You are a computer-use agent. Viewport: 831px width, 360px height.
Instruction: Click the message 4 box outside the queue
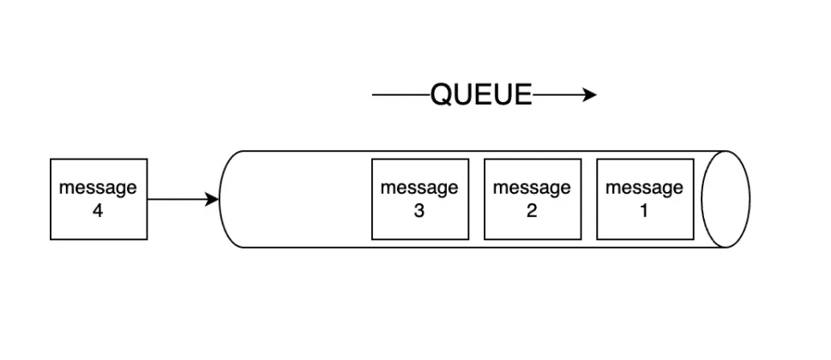[99, 199]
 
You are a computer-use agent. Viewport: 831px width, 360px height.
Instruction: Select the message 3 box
[419, 199]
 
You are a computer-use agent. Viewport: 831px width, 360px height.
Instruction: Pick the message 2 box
[532, 199]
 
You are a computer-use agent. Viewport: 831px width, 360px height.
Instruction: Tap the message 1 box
[645, 199]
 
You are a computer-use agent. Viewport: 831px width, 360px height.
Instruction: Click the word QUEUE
[481, 95]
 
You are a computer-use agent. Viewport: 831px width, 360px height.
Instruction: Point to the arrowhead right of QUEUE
[589, 95]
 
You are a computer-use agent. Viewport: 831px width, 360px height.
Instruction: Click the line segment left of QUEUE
[400, 95]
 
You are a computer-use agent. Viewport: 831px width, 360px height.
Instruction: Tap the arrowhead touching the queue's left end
[213, 200]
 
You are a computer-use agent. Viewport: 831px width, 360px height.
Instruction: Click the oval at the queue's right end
[726, 199]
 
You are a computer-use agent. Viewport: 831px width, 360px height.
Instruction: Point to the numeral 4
[98, 210]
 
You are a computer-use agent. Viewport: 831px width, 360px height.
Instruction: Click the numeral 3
[419, 210]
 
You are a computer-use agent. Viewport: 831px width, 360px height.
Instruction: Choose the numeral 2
[532, 210]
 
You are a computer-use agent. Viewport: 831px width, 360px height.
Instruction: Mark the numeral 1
[645, 210]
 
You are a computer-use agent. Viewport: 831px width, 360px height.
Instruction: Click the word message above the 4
[98, 188]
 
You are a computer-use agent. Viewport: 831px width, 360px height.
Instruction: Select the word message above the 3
[419, 188]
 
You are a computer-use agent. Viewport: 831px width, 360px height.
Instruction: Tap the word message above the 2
[532, 188]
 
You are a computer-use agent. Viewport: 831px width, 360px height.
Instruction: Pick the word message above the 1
[645, 188]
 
